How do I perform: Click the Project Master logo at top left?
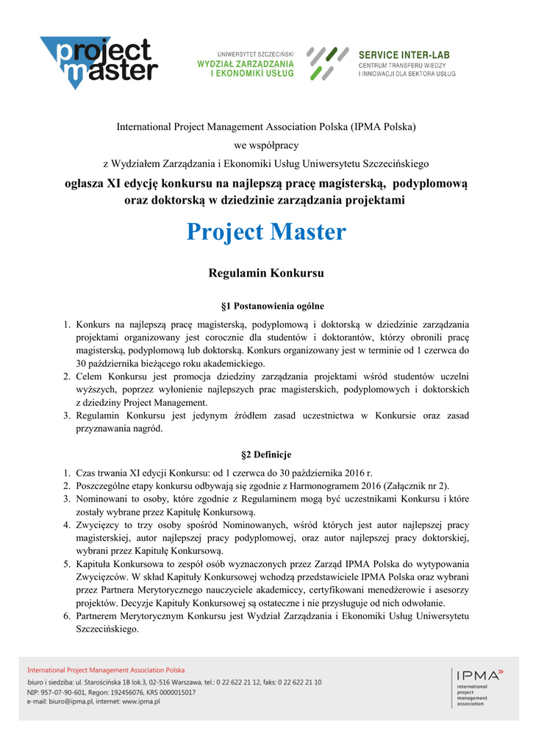tap(99, 63)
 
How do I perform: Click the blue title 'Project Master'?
tap(265, 232)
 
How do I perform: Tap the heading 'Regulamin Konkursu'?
tap(266, 273)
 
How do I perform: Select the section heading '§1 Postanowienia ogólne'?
tap(266, 305)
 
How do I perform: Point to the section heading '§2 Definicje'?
tap(266, 454)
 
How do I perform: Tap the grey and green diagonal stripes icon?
tap(327, 63)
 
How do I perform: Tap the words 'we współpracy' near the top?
tap(266, 145)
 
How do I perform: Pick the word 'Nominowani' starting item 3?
tap(99, 499)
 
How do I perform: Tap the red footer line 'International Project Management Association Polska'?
tap(106, 670)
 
